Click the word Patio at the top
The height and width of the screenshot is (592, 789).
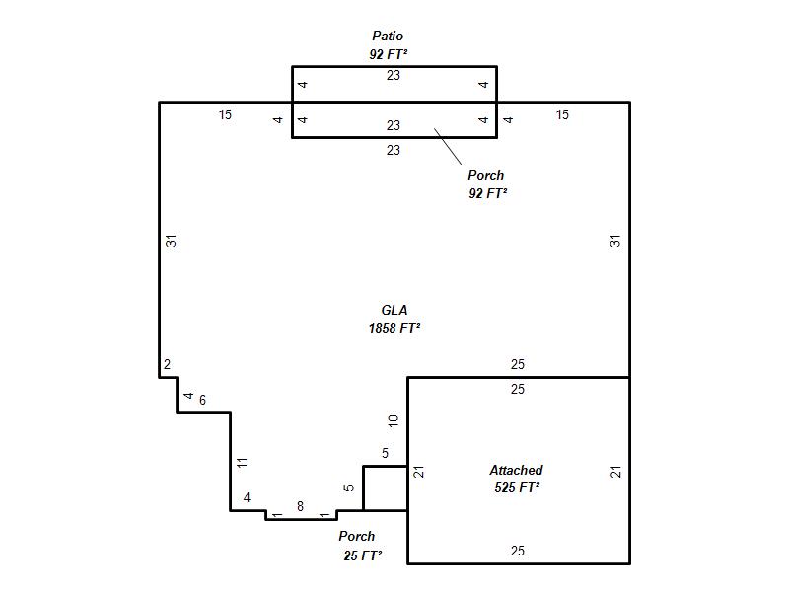point(388,36)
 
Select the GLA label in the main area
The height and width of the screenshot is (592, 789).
point(394,310)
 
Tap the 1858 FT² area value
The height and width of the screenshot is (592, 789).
point(394,328)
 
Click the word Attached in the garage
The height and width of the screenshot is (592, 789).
point(516,470)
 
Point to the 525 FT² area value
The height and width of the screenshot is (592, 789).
point(517,487)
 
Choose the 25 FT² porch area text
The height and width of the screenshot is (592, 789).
point(362,555)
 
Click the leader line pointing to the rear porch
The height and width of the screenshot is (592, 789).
point(448,146)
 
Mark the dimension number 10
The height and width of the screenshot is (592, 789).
point(393,421)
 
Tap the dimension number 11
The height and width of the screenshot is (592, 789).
point(242,462)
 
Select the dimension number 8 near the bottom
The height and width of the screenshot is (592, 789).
point(301,506)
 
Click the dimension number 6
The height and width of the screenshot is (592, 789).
point(202,400)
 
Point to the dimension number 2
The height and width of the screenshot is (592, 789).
point(167,364)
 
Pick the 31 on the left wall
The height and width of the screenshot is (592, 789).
point(172,241)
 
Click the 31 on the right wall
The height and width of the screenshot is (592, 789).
point(615,241)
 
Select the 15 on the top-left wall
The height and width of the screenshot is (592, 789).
point(225,114)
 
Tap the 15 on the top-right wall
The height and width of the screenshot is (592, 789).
point(562,114)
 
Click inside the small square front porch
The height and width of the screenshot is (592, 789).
point(385,488)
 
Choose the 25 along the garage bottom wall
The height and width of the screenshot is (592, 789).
point(517,551)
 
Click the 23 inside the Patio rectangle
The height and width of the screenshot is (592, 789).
point(393,75)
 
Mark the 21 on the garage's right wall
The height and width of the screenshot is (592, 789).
point(615,472)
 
